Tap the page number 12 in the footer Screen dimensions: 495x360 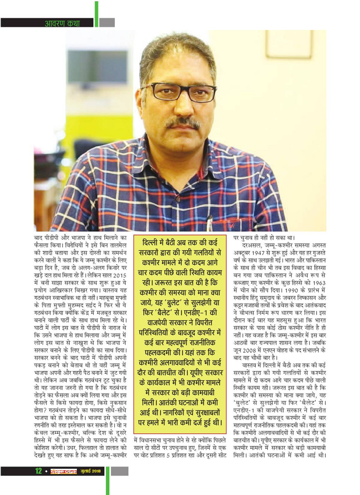tap(38, 471)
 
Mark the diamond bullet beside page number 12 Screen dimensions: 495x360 tap(45, 471)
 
